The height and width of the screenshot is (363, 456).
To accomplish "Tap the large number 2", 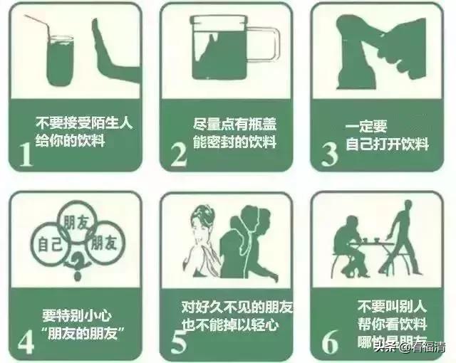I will [x=177, y=152].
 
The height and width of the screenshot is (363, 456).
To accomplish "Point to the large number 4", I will [x=26, y=340].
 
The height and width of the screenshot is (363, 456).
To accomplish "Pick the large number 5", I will [x=177, y=340].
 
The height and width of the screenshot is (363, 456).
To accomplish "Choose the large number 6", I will [x=329, y=340].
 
